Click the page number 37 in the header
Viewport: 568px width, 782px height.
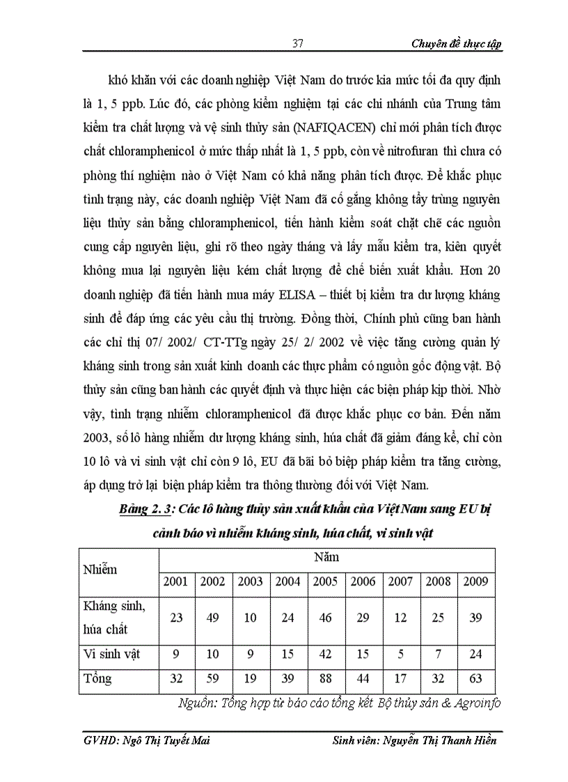click(x=297, y=43)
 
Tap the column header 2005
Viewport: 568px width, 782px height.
click(x=326, y=581)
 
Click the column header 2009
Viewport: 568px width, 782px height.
click(x=476, y=581)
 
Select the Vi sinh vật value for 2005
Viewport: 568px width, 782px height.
click(x=326, y=655)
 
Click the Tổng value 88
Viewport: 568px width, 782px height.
click(x=326, y=678)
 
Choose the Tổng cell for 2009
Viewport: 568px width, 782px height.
click(x=476, y=678)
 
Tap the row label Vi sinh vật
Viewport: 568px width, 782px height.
click(x=111, y=655)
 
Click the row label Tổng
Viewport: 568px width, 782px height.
click(x=97, y=678)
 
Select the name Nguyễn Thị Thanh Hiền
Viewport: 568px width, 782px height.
click(x=439, y=740)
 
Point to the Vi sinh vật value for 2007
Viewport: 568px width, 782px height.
click(x=401, y=655)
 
